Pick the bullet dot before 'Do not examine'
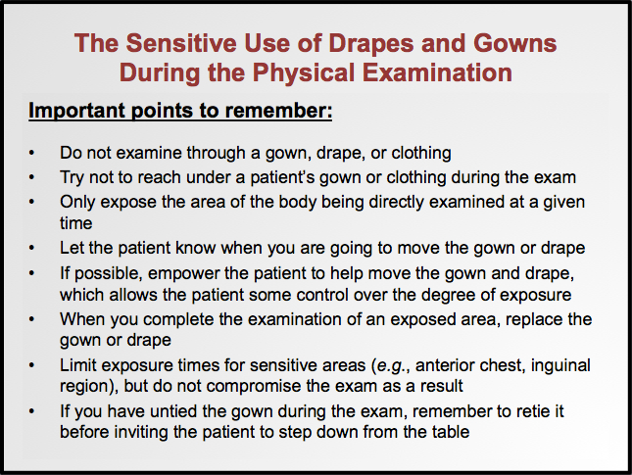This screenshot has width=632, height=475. tap(33, 153)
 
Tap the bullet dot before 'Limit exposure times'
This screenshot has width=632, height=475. tap(33, 365)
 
